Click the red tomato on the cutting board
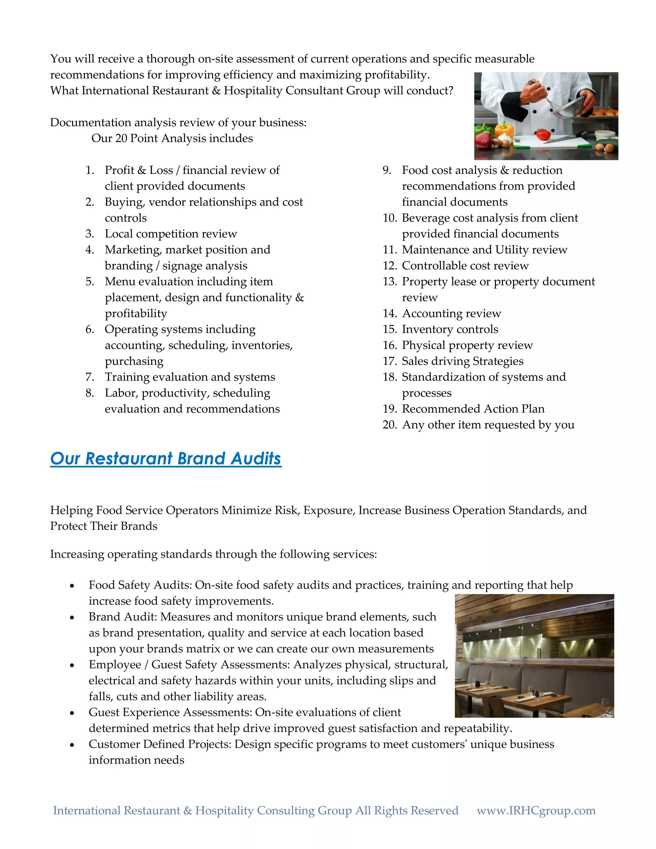543,135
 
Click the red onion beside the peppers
483,140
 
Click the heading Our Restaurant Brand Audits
166,459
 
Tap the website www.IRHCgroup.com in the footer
536,810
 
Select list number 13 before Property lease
389,281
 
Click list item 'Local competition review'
171,234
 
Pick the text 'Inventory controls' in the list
450,329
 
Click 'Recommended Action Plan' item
473,409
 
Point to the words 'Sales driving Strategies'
463,361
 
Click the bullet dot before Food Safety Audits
72,586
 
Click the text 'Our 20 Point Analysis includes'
172,138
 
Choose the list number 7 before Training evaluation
90,377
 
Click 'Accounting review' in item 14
451,313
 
